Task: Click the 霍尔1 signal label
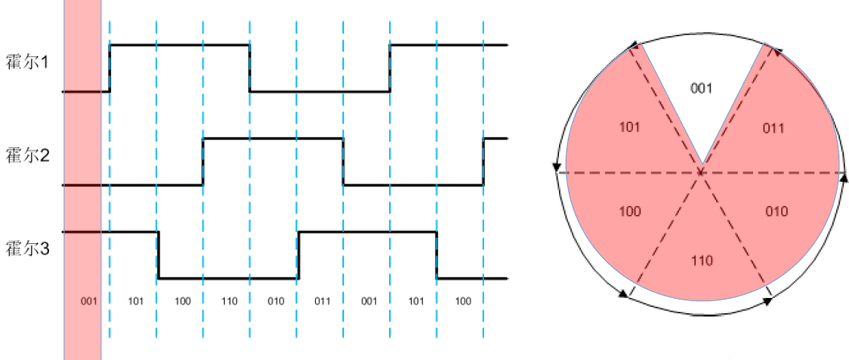click(x=27, y=62)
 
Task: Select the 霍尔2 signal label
click(x=27, y=155)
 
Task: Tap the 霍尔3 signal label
click(x=27, y=248)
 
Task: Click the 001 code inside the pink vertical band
click(x=89, y=301)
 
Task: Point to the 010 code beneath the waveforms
click(x=275, y=301)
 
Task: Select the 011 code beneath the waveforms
click(x=321, y=301)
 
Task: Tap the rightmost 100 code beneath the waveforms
click(x=462, y=301)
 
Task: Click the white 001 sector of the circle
click(x=702, y=89)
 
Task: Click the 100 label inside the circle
click(x=630, y=212)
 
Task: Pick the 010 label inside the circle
click(x=776, y=212)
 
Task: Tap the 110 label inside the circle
click(x=702, y=262)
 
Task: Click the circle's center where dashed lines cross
click(x=702, y=172)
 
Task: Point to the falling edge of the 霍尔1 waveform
click(x=249, y=68)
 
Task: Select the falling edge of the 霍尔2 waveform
click(x=343, y=161)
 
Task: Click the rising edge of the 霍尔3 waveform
click(x=298, y=255)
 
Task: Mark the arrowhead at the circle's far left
click(x=556, y=168)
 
